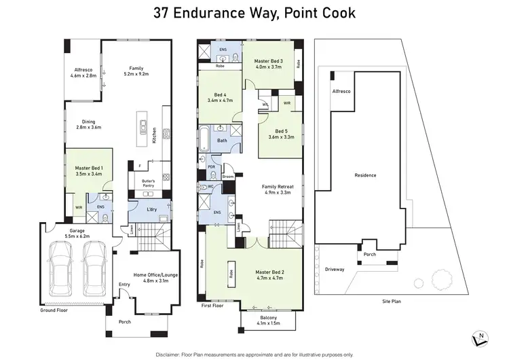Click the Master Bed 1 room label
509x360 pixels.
pos(88,170)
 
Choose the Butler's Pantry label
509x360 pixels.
pos(149,185)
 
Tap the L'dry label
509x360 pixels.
pos(153,211)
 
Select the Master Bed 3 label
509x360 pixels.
pos(269,65)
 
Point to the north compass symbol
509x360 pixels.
pos(480,336)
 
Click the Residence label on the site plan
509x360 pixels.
pos(365,175)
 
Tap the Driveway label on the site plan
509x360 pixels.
pos(335,269)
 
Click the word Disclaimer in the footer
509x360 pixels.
pos(171,354)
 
